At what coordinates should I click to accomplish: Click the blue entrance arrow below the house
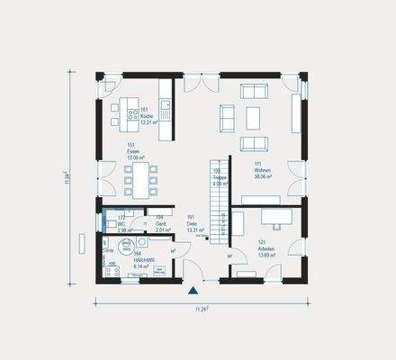pos(192,291)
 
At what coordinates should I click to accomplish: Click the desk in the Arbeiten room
pos(274,216)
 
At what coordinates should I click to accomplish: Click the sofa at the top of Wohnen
pos(255,90)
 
